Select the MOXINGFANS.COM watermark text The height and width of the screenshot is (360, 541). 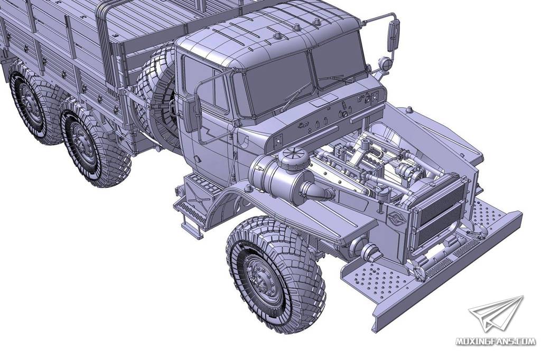(495, 342)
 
